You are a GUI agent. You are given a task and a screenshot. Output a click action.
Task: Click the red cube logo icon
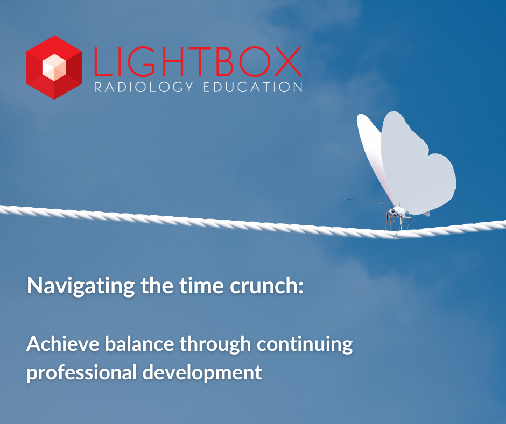tap(54, 67)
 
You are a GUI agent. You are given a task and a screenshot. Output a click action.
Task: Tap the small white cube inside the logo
tap(54, 67)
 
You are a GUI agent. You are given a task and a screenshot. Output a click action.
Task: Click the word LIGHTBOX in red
tap(198, 62)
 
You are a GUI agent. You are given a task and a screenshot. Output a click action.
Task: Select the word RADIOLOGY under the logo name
tap(144, 87)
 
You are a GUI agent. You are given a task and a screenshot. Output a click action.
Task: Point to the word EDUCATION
tap(253, 87)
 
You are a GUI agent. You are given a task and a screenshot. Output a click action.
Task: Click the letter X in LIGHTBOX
tap(288, 62)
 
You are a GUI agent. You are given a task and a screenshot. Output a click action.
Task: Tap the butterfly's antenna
tap(370, 202)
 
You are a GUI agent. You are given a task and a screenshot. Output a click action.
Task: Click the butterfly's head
tap(392, 211)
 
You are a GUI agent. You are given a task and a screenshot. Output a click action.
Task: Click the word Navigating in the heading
tap(81, 286)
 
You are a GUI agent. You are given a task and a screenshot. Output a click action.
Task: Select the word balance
tap(139, 344)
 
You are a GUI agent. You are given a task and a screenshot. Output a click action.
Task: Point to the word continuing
tap(305, 344)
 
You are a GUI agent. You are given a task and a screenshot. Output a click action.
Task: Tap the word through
tap(215, 344)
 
